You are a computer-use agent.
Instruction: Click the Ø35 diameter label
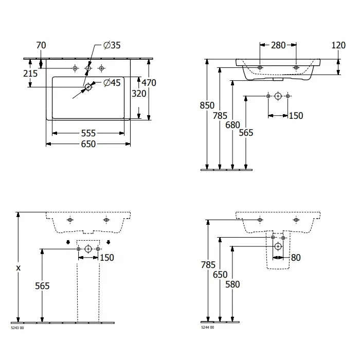(112, 45)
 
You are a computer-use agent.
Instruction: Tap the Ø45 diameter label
(112, 83)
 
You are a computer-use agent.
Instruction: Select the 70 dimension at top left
(41, 45)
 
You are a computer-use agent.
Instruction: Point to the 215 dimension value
(30, 74)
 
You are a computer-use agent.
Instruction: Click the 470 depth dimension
(149, 83)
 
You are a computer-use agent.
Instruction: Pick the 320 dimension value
(139, 94)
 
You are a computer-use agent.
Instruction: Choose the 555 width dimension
(88, 133)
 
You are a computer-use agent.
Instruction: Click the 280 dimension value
(278, 45)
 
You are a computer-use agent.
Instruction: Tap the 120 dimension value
(338, 45)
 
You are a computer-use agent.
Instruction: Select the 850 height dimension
(207, 105)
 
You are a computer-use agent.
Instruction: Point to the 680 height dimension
(232, 125)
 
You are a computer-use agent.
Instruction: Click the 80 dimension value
(296, 258)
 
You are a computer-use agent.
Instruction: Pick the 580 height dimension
(232, 284)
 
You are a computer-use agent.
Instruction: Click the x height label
(19, 268)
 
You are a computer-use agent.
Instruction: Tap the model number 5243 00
(17, 328)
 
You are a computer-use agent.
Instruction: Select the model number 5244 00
(208, 328)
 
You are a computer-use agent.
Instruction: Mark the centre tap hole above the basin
(88, 68)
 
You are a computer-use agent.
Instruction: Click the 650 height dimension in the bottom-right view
(220, 275)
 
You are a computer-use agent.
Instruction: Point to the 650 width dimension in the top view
(88, 144)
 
